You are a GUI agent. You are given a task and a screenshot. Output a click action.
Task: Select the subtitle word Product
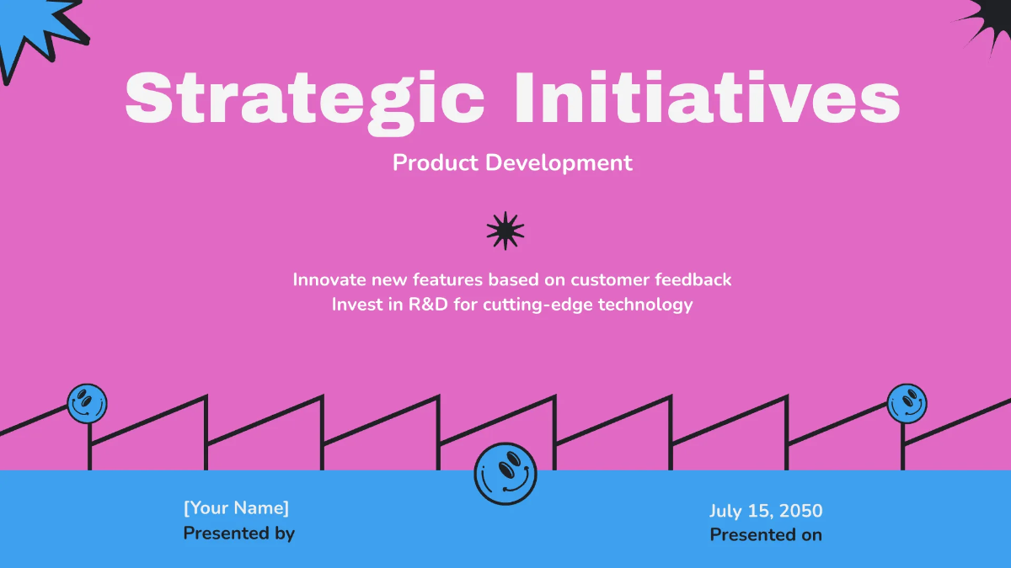pos(436,162)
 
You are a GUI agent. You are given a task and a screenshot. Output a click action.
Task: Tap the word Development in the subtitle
pos(558,162)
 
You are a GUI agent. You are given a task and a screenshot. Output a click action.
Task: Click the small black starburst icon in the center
pos(505,230)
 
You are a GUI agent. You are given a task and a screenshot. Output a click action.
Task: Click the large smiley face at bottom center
pos(505,474)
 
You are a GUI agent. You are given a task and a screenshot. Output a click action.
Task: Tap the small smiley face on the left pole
pos(87,404)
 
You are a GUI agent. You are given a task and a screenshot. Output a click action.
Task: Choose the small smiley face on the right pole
pos(907,403)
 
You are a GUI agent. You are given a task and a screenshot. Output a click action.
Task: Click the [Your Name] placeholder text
pos(236,507)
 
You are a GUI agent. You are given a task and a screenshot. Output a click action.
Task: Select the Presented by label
pos(238,533)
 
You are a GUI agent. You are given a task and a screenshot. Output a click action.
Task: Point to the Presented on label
pos(766,534)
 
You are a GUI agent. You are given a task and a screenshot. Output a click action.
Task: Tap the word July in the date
pos(725,511)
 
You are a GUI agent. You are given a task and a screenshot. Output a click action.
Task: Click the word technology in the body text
pos(645,305)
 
